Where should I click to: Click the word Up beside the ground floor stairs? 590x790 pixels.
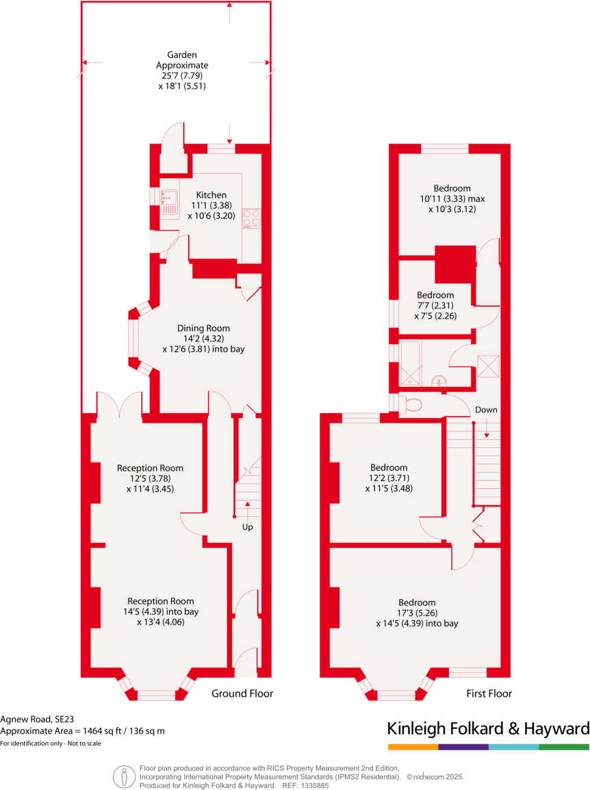point(247,527)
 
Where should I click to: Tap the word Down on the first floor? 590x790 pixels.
point(487,410)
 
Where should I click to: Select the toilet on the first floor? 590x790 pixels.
point(411,405)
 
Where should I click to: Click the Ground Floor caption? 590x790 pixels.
point(242,694)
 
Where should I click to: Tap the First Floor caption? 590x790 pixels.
point(489,694)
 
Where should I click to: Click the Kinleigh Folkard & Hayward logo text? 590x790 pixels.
point(488,728)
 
